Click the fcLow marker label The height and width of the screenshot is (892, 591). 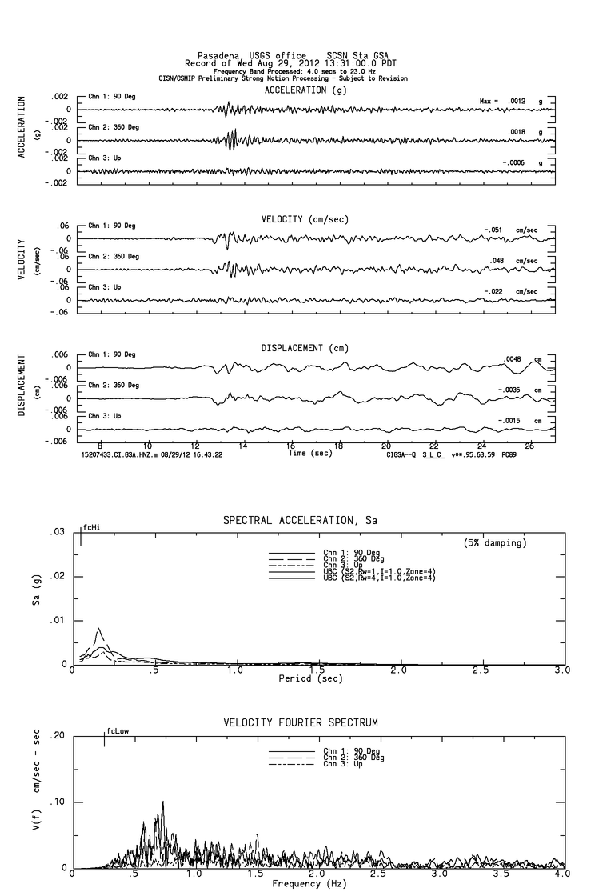[117, 730]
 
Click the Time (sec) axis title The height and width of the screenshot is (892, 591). [312, 453]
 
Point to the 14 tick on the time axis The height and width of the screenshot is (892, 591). [243, 445]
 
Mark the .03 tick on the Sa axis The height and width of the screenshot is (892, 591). [58, 532]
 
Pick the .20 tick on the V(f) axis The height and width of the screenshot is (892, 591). [58, 736]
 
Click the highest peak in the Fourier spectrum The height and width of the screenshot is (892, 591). [163, 802]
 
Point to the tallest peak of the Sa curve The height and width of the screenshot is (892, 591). [98, 628]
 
